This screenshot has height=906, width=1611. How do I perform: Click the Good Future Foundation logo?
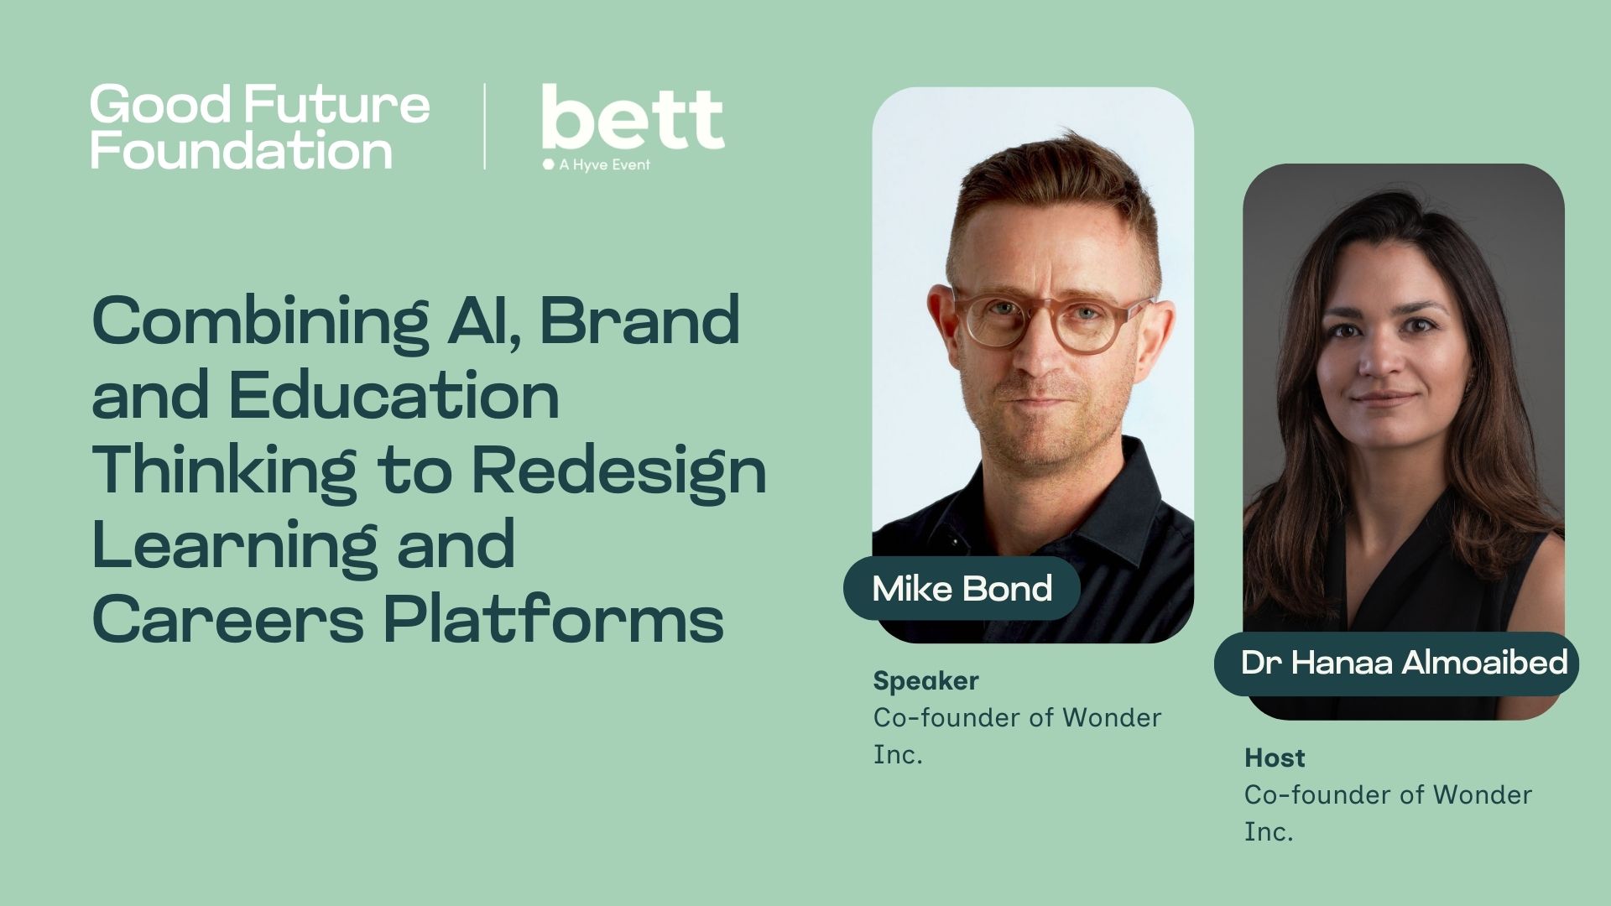click(x=259, y=127)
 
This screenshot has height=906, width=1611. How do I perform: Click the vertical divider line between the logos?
click(x=485, y=127)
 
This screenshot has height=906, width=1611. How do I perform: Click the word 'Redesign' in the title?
click(x=618, y=471)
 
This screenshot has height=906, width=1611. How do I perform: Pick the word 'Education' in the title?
click(x=394, y=396)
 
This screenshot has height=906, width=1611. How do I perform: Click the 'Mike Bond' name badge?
click(x=962, y=588)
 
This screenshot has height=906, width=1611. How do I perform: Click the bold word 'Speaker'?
click(x=925, y=680)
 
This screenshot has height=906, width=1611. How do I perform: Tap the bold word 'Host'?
click(x=1274, y=758)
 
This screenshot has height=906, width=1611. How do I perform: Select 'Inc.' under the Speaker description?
click(x=897, y=754)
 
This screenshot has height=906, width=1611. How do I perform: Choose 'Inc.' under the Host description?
click(x=1268, y=831)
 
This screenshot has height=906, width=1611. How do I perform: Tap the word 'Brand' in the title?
click(x=639, y=322)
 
